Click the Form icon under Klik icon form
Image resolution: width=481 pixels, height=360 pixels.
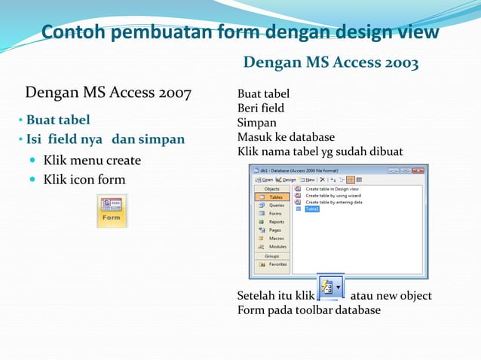(x=112, y=211)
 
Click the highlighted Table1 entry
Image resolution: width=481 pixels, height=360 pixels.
(x=311, y=209)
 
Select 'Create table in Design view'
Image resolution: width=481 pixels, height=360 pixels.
(x=332, y=189)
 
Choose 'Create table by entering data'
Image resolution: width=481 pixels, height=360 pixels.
(x=332, y=202)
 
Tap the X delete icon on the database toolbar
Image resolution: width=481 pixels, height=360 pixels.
(x=323, y=180)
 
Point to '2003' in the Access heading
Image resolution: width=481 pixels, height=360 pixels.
(x=402, y=63)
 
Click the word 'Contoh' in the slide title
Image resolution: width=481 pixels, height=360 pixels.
(x=73, y=32)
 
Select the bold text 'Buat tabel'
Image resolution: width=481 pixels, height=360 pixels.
(x=58, y=120)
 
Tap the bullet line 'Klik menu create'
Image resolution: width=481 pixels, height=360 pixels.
(x=92, y=160)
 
